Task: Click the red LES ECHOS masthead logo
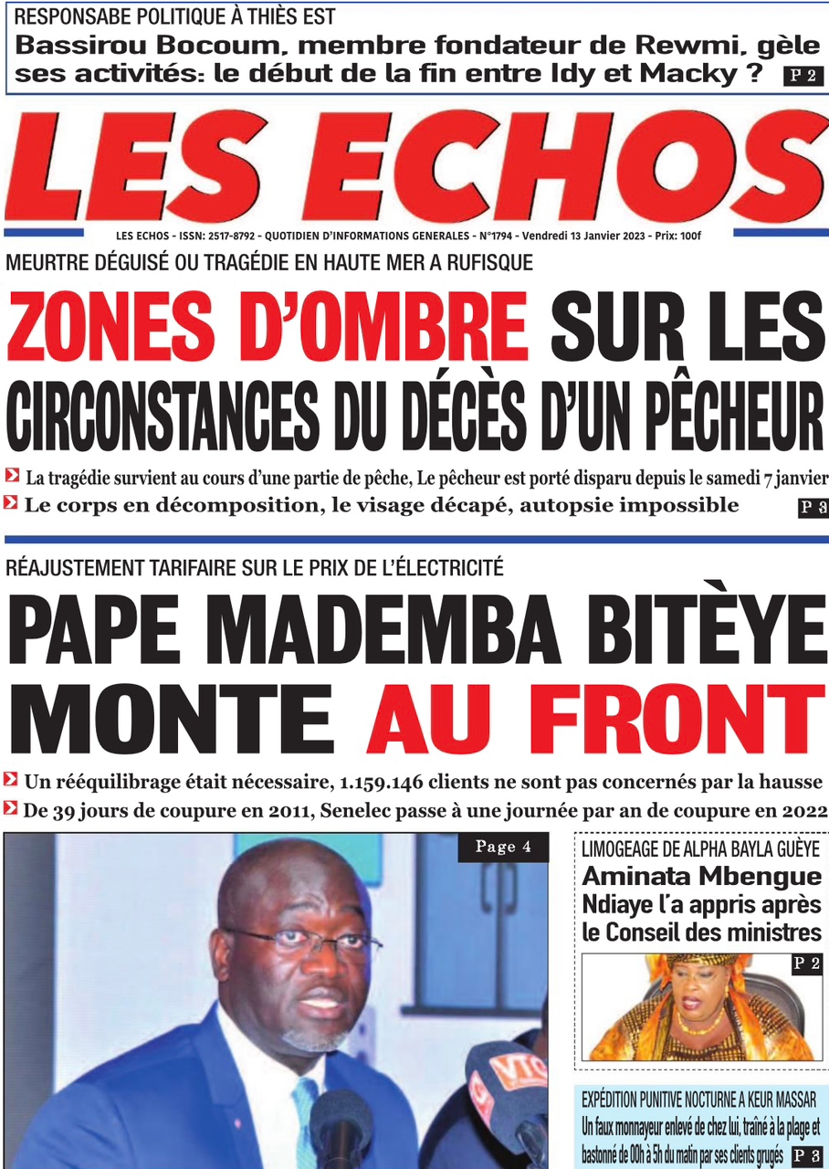tap(414, 167)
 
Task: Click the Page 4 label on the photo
tap(502, 848)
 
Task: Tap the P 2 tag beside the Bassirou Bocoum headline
tap(803, 77)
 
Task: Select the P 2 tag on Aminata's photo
tap(806, 964)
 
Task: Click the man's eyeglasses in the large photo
tap(301, 941)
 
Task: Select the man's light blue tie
tap(307, 1123)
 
